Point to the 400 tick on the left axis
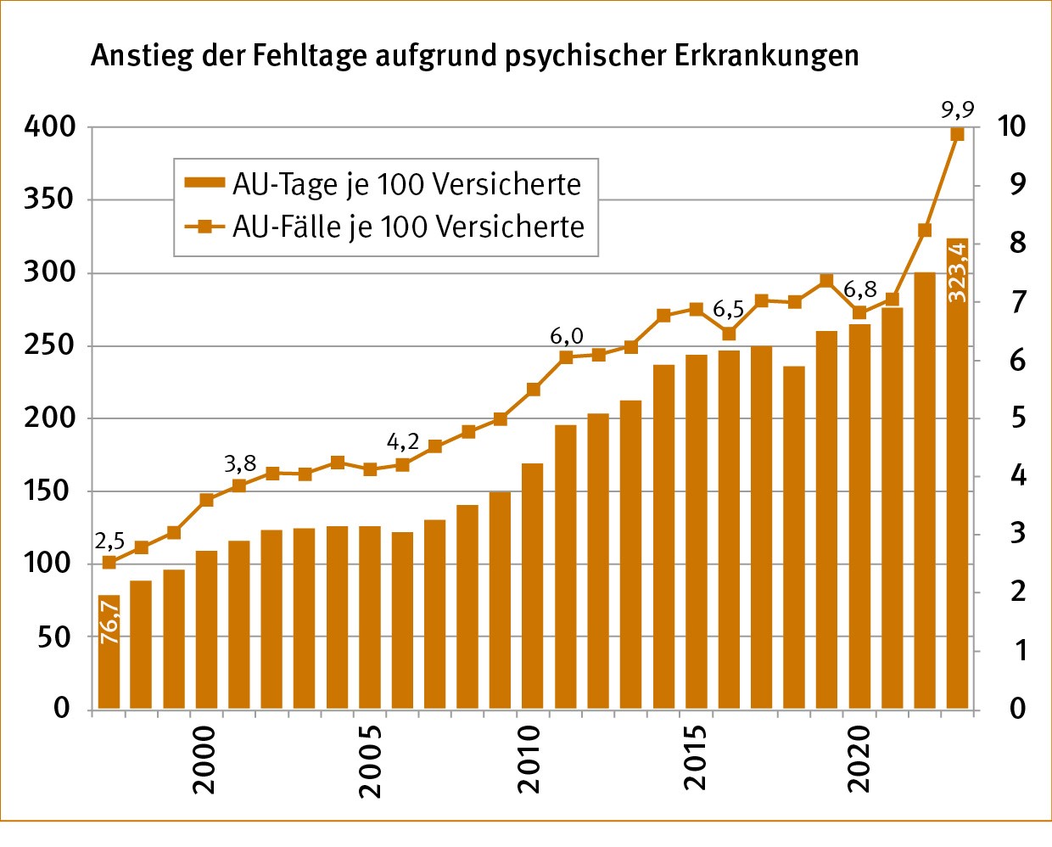[50, 127]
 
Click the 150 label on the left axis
[50, 491]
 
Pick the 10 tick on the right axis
[1011, 126]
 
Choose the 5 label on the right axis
[1018, 418]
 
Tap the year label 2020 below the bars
[859, 759]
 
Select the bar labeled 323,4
[957, 475]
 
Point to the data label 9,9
[957, 109]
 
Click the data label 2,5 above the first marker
[109, 541]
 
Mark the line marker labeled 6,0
[566, 357]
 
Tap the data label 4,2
[403, 441]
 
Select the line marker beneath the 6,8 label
[859, 312]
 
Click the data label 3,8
[240, 463]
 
